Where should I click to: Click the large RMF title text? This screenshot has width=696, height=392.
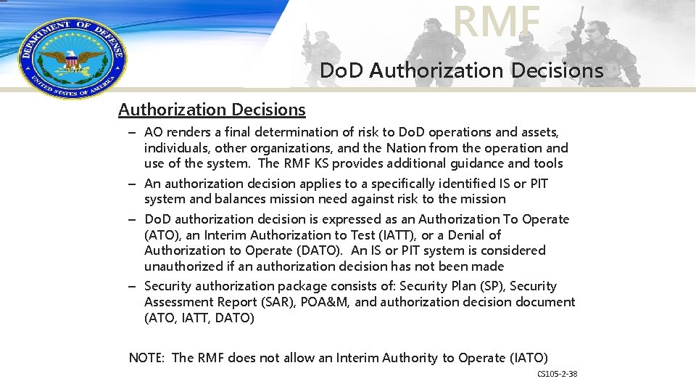coord(497,22)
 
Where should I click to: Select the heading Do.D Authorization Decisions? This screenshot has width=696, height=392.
coord(461,70)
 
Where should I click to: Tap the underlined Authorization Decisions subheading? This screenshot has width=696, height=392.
coord(212,110)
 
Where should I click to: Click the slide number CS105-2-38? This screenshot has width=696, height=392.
coord(557,374)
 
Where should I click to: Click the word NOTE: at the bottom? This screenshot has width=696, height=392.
coord(147,358)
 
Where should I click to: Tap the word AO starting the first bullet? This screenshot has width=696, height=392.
coord(154,132)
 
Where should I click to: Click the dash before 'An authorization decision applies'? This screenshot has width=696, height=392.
coord(133,184)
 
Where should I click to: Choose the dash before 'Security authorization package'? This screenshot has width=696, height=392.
coord(133,286)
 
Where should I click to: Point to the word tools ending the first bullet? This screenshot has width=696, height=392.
coord(548,164)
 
